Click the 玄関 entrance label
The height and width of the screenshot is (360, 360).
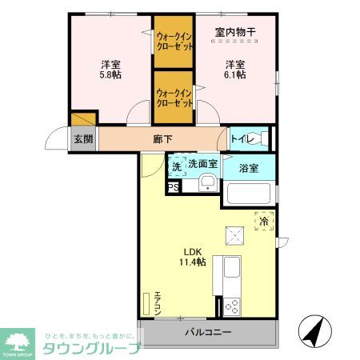(83, 138)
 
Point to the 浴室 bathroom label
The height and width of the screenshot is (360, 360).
(248, 168)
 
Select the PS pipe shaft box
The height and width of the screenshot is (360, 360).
(172, 187)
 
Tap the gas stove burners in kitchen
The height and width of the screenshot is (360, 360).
(232, 305)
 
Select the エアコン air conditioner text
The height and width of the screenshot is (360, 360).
(158, 302)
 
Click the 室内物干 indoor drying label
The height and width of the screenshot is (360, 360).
(234, 33)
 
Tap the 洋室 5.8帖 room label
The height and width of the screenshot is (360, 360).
(110, 70)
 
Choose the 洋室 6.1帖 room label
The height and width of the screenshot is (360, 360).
(234, 70)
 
